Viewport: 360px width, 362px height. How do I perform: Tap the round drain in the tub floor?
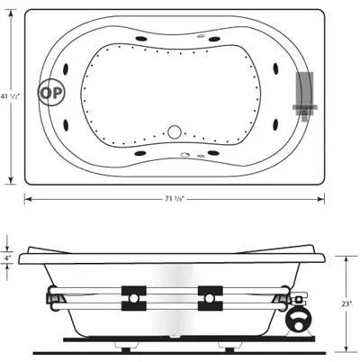174,131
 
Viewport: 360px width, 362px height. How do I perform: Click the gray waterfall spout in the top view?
305,94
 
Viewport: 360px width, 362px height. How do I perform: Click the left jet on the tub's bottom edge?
142,152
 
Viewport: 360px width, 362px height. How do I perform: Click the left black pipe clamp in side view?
135,297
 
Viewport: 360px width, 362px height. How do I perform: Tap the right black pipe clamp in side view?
209,297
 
